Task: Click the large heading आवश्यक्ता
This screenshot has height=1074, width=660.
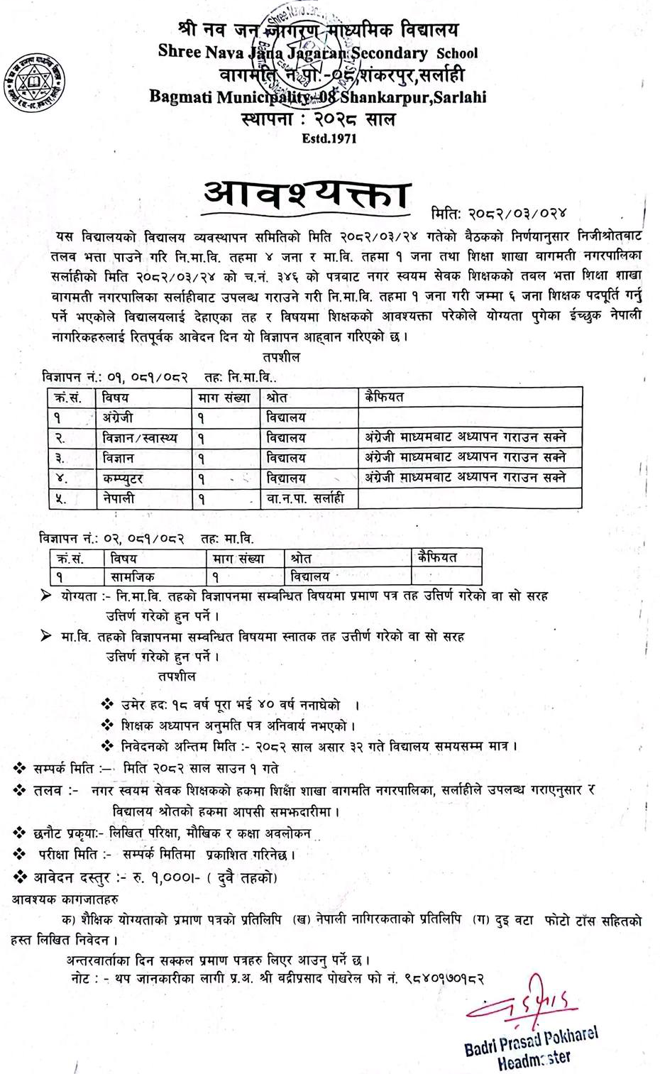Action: [307, 194]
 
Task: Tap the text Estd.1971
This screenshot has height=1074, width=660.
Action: [329, 138]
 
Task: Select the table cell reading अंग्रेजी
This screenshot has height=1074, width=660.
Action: [118, 417]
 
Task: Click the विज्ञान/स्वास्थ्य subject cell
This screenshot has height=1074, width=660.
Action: [139, 438]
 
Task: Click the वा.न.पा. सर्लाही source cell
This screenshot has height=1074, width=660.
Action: [305, 498]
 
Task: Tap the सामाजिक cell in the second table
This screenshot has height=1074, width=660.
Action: [133, 576]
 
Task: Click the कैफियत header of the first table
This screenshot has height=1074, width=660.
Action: [385, 397]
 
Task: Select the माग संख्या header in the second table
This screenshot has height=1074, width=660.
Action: [238, 558]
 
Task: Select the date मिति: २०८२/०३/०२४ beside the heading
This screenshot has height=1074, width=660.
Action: [499, 212]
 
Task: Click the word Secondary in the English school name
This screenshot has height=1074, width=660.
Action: [390, 53]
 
